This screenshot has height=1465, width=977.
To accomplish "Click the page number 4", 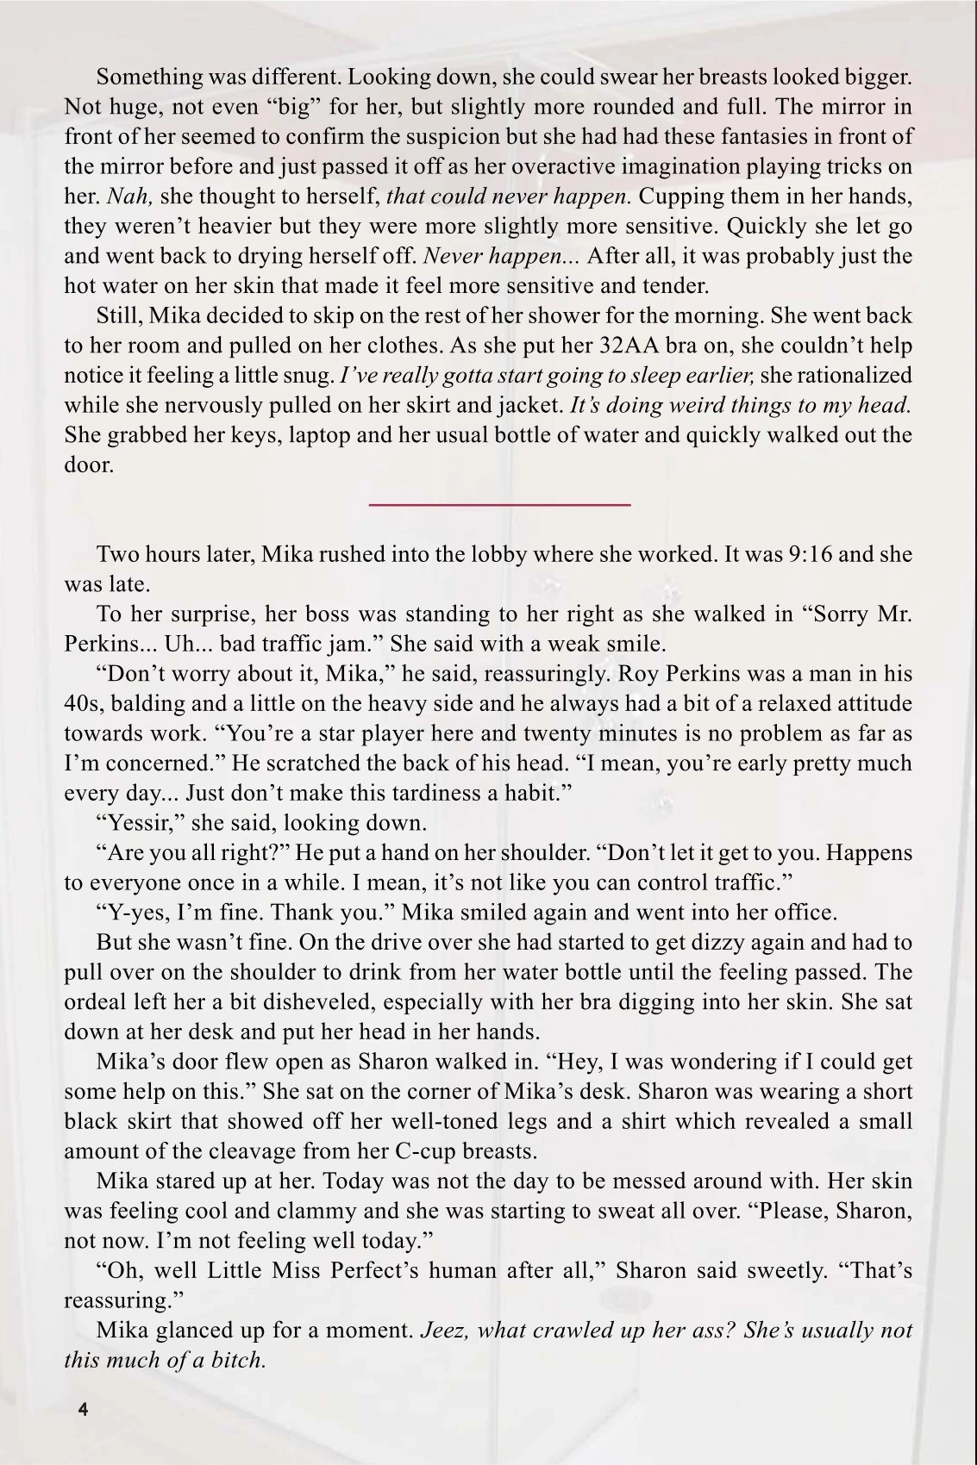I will click(83, 1410).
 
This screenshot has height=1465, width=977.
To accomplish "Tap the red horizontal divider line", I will click(499, 504).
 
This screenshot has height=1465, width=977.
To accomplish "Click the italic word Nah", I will click(129, 196).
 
